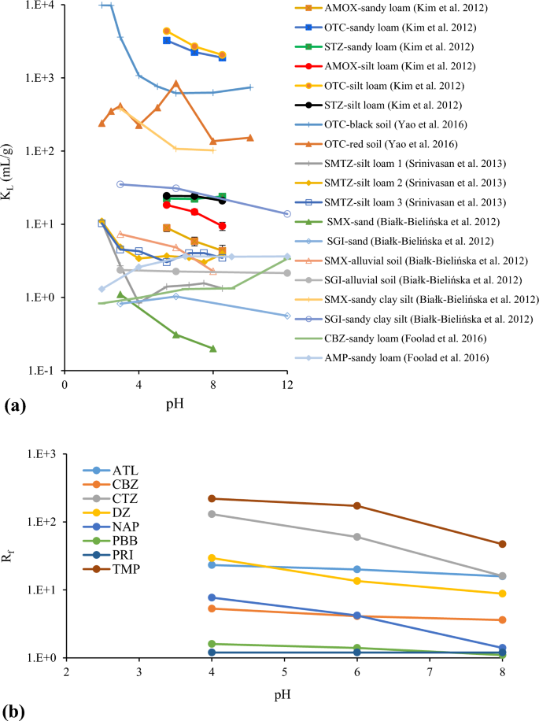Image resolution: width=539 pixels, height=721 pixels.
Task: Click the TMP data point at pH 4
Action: pos(212,498)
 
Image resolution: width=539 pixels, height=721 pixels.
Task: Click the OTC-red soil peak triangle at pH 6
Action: pos(176,83)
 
